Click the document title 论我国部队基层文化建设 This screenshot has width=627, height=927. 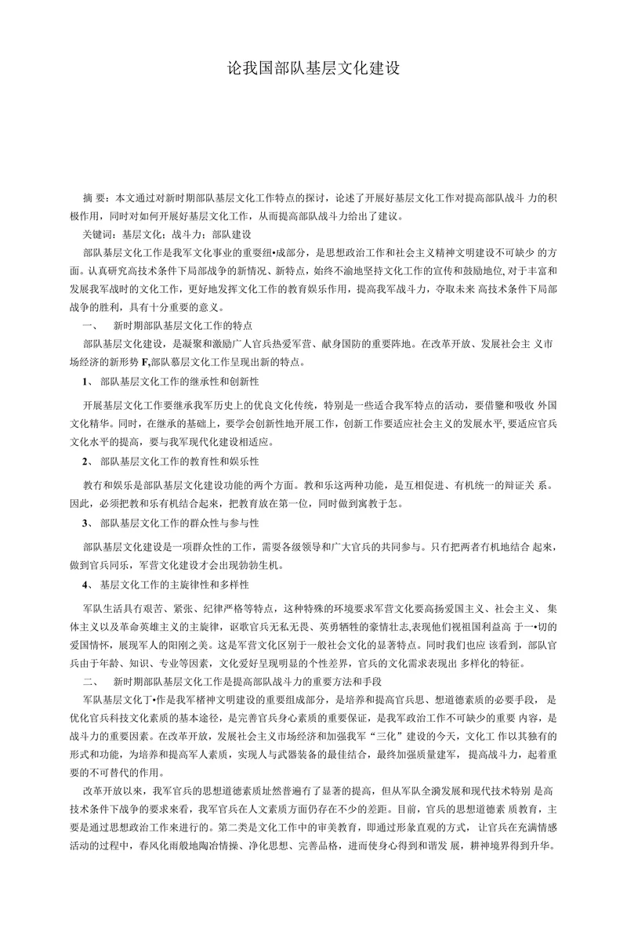tap(313, 68)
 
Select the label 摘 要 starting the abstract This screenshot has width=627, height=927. tap(96, 195)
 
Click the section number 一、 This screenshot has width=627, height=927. tap(87, 324)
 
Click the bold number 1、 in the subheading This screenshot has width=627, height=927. tap(88, 382)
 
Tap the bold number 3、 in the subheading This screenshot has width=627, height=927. tap(88, 522)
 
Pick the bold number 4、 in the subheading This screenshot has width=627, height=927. tap(88, 585)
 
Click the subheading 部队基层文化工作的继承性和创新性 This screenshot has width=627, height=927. tap(179, 382)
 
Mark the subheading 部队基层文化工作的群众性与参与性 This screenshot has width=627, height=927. tap(179, 522)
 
